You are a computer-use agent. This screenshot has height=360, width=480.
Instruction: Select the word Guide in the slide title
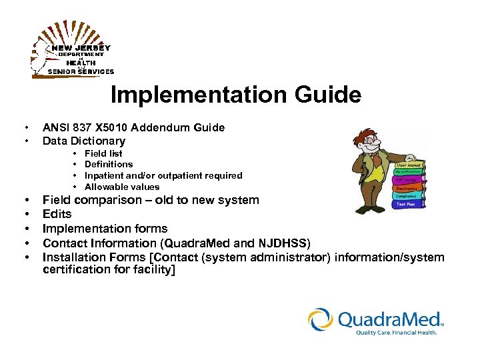(x=326, y=95)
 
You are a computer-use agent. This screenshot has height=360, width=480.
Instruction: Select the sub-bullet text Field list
(x=103, y=153)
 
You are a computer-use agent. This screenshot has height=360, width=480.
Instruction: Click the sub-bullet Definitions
(x=109, y=164)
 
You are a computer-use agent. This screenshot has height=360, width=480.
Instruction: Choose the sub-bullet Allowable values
(x=122, y=187)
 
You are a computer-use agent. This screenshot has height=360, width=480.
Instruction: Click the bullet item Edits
(x=57, y=214)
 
